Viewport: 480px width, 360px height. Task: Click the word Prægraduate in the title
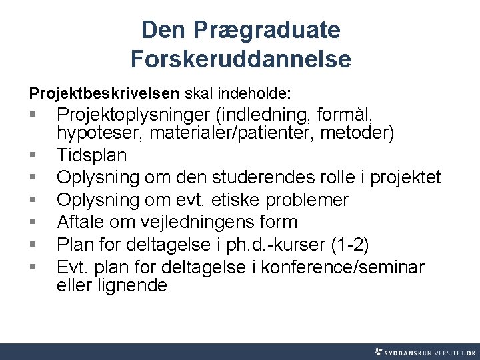point(269,30)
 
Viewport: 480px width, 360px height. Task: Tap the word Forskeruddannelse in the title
point(241,59)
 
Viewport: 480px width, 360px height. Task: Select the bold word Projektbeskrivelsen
point(104,90)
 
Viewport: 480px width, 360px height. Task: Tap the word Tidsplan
point(91,155)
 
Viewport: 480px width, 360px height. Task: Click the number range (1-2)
point(350,244)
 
